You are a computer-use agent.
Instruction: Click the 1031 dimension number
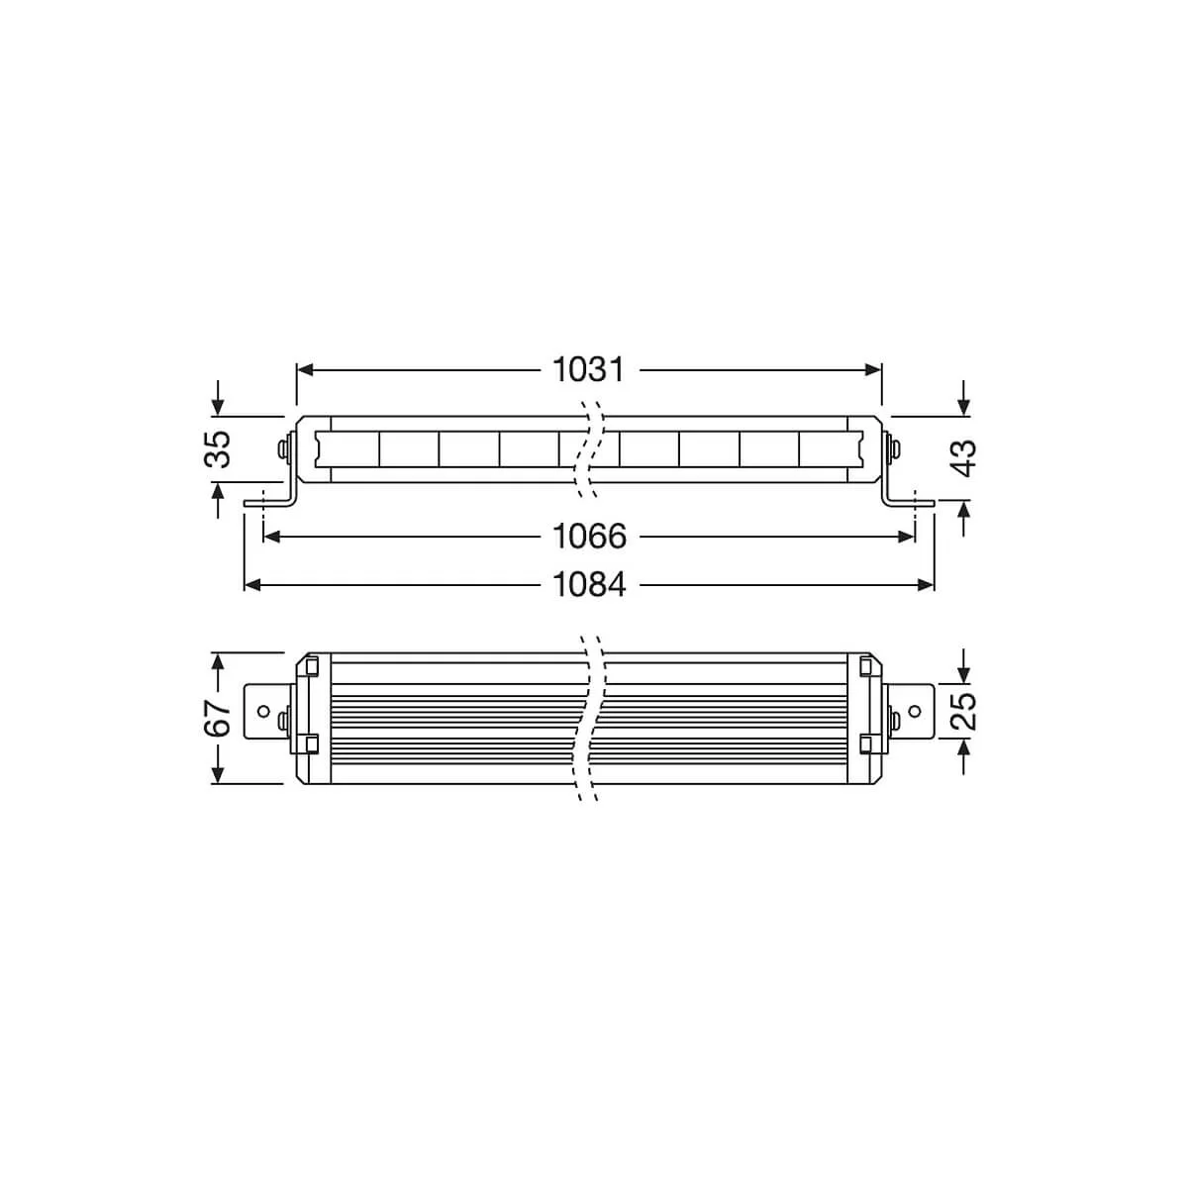[x=588, y=370]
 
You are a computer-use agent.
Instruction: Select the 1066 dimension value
[x=589, y=537]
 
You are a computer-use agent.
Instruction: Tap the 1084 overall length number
[x=589, y=585]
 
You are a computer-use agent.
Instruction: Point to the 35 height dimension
[x=217, y=448]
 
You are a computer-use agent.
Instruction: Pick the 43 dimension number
[x=965, y=457]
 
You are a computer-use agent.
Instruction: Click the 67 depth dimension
[x=217, y=718]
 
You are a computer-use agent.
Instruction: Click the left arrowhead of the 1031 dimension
[x=305, y=370]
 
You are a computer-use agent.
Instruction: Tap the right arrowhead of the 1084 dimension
[x=926, y=585]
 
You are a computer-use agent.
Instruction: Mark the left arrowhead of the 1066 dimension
[x=271, y=537]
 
